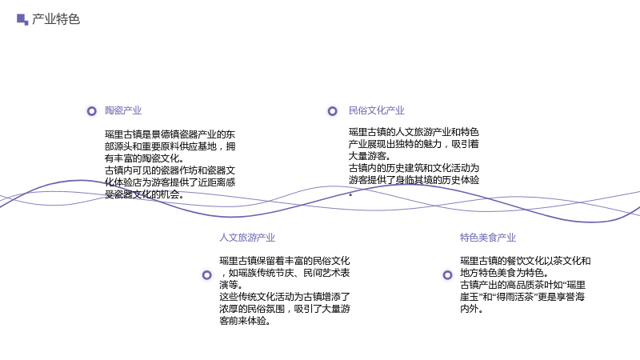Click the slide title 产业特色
point(56,19)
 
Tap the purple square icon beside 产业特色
point(22,19)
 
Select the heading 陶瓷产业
point(123,110)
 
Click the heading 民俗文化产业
point(376,110)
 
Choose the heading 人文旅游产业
point(247,238)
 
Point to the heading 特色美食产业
point(488,238)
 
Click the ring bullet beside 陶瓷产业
point(92,111)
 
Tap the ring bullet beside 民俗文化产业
point(333,111)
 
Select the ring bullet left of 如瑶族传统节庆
point(207,275)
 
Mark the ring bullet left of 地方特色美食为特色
point(448,275)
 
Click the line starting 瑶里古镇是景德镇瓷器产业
point(170,134)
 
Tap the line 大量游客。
point(370,156)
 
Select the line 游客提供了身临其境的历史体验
point(414,180)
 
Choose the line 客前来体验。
point(245,321)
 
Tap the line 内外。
point(472,309)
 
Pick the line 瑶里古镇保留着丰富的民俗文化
point(285,261)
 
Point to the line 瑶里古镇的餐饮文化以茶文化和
point(526,261)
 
